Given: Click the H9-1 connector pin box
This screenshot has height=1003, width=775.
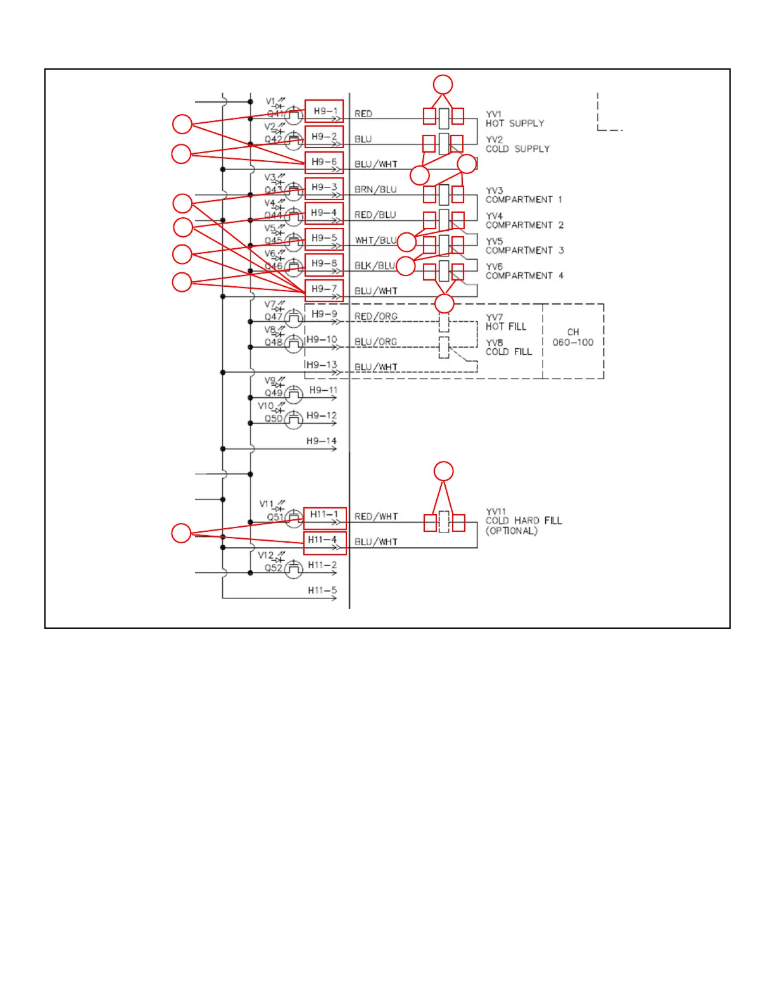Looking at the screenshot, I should tap(324, 111).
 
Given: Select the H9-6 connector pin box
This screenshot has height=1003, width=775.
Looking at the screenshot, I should tap(324, 162).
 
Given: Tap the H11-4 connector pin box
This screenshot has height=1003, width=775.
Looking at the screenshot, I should tap(324, 540).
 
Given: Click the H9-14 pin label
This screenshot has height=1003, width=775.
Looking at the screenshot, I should tap(322, 441).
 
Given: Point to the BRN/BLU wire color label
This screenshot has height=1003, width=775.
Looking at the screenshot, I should tap(375, 190).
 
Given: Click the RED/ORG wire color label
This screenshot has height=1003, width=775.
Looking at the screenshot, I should tap(376, 317).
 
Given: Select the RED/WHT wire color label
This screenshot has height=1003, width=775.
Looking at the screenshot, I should tap(376, 517).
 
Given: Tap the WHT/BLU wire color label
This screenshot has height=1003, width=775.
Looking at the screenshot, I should tap(376, 241).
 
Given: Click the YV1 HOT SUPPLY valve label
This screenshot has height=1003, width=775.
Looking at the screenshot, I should tap(514, 119).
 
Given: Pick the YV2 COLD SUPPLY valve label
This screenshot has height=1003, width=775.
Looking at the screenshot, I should tap(517, 144).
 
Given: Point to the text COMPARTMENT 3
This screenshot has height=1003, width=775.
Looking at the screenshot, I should tap(525, 251).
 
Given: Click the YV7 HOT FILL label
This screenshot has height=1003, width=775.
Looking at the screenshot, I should tap(505, 322).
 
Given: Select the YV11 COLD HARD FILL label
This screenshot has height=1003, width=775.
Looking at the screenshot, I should tap(523, 521).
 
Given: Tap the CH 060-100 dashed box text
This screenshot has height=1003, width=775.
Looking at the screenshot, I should tap(573, 337).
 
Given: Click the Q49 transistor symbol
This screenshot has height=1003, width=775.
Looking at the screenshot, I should tap(293, 394).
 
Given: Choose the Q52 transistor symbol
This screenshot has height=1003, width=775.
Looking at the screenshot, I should tap(293, 569).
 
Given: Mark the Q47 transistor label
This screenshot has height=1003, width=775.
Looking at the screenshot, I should tap(274, 317).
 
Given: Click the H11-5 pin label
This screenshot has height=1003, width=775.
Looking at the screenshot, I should tap(322, 591).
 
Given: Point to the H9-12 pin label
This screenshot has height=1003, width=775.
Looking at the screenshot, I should tap(322, 416).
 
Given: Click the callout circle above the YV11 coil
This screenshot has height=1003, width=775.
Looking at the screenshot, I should tap(444, 471).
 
